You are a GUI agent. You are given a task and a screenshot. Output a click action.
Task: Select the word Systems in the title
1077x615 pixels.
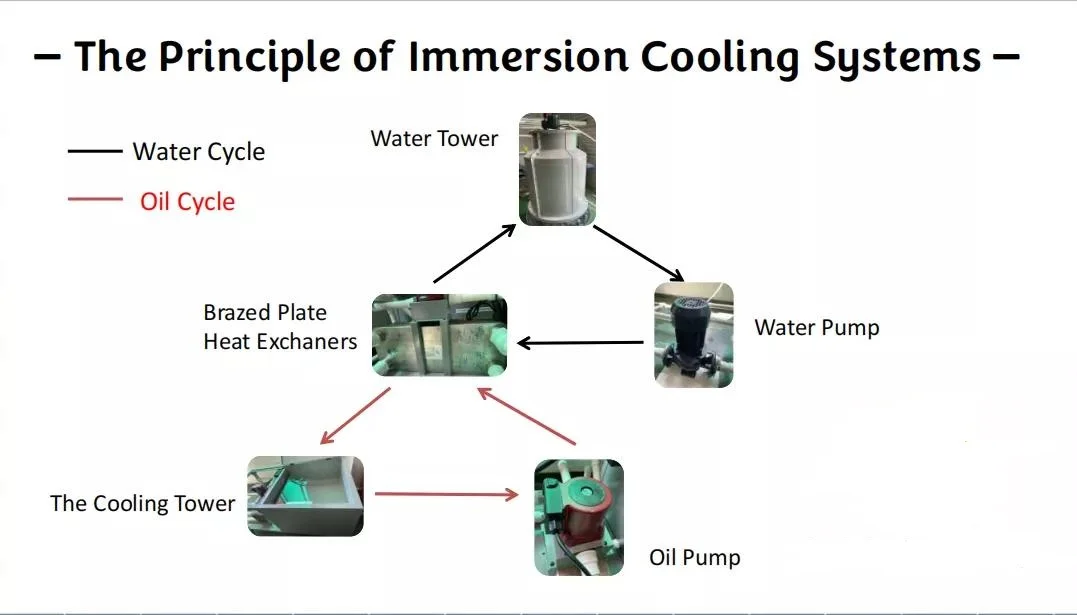click(896, 56)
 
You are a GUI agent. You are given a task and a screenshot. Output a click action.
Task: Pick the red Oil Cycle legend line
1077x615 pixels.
click(94, 200)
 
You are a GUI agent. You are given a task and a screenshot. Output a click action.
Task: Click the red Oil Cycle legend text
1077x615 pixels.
click(187, 201)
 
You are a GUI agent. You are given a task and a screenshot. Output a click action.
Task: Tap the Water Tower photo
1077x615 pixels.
click(557, 169)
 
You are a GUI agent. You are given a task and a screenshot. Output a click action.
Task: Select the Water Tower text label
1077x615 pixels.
click(434, 139)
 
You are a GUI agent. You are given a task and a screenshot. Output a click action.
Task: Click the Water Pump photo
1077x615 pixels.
click(693, 335)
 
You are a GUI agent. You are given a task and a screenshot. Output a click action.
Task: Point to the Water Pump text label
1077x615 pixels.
click(816, 328)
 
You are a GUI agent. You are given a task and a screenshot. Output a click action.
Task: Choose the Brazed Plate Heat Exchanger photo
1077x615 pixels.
click(439, 335)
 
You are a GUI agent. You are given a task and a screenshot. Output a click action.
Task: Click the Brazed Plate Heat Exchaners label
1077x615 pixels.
click(280, 327)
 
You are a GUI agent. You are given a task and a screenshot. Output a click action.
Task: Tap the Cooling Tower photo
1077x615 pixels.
click(305, 496)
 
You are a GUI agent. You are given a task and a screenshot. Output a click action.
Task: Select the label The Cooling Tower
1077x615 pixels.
click(142, 503)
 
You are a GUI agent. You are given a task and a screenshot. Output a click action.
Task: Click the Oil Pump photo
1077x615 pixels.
click(578, 517)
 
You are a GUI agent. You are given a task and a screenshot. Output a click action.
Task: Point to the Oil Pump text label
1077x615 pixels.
click(694, 557)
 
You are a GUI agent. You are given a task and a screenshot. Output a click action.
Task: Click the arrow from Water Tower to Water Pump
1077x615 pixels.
click(638, 253)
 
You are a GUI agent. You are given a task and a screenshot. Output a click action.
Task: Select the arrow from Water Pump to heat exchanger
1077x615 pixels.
click(580, 343)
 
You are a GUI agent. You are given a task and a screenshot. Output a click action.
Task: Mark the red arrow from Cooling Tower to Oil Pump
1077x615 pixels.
click(446, 493)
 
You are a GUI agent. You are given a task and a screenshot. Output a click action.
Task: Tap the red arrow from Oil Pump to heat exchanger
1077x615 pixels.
click(528, 417)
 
